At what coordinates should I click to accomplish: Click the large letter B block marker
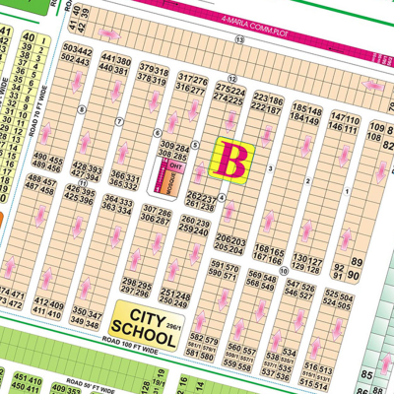click(x=235, y=160)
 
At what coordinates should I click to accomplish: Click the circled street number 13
click(x=239, y=39)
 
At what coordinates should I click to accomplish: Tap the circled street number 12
click(x=231, y=78)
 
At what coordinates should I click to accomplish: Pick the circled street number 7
click(x=119, y=121)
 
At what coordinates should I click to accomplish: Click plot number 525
click(x=334, y=295)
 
